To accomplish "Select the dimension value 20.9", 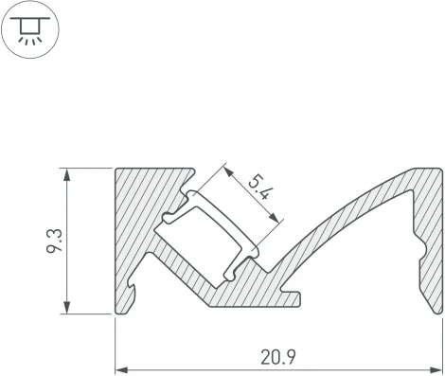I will (278, 358).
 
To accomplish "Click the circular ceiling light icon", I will (32, 28).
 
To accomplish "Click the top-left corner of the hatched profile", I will (117, 170).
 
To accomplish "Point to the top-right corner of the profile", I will (441, 170).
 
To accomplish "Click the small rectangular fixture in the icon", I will (32, 25).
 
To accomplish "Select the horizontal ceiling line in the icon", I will (32, 19).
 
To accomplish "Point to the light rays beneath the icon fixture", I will (32, 38).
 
